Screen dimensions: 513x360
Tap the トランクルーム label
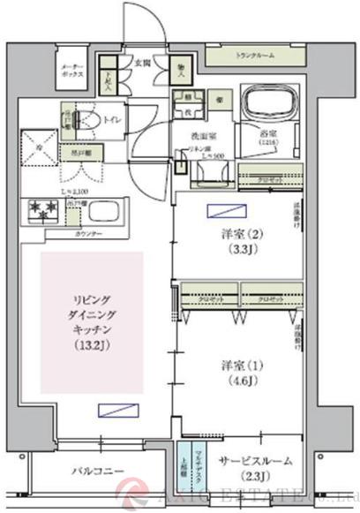tap(255, 56)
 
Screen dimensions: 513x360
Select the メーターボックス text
tap(71, 74)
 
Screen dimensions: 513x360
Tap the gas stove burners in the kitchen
tap(43, 211)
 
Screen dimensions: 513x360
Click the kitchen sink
tap(109, 213)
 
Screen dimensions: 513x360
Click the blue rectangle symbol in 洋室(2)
tap(216, 210)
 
